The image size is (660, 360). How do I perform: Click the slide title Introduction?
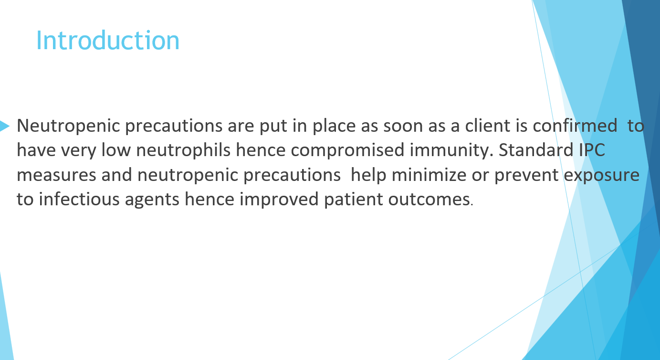108,41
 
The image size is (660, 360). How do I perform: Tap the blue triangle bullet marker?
4,126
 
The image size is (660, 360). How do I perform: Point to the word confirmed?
575,126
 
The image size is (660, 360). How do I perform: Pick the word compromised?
347,150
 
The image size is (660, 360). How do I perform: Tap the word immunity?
451,150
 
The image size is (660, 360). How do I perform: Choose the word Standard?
535,149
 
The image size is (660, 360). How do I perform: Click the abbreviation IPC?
592,149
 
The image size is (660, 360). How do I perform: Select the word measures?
56,175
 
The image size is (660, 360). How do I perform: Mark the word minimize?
429,175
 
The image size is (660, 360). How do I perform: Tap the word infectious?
79,199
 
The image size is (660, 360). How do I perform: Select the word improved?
279,200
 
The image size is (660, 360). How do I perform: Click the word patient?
353,200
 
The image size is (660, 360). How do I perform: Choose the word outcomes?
429,200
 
